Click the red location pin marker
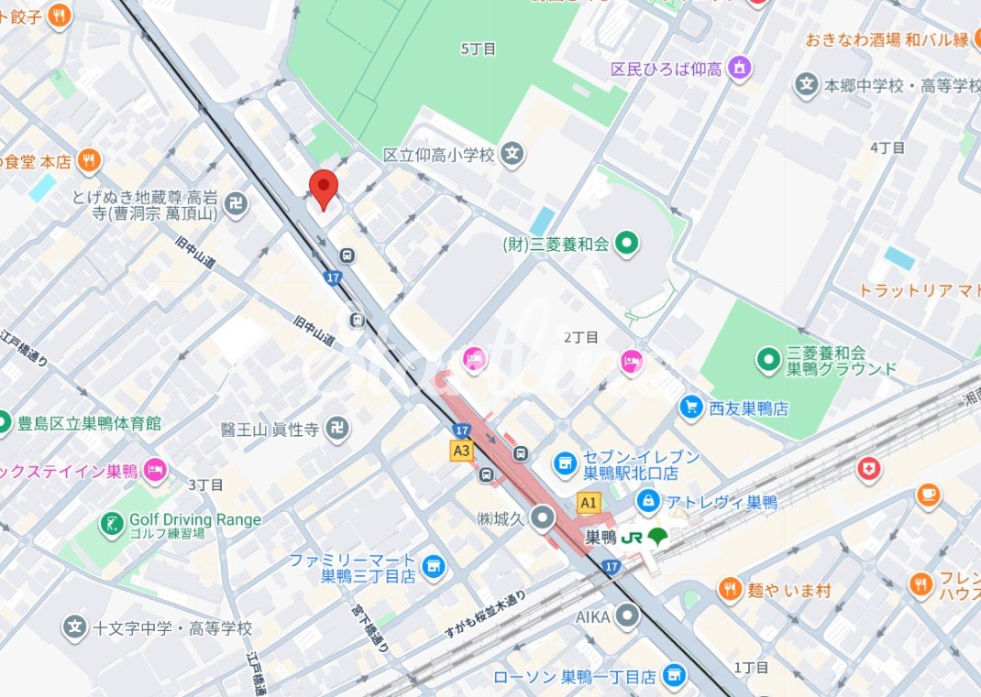click(323, 188)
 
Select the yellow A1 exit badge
click(589, 502)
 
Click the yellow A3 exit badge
click(461, 451)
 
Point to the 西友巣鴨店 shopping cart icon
click(692, 407)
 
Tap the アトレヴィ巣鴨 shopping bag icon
click(649, 501)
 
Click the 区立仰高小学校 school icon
click(513, 155)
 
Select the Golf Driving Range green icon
click(112, 524)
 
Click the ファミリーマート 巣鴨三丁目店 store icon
click(433, 566)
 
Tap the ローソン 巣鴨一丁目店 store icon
click(674, 676)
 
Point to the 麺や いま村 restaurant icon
click(730, 589)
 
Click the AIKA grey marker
click(627, 615)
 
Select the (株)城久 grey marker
click(543, 519)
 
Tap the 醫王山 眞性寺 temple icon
click(336, 428)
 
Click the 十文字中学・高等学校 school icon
click(75, 627)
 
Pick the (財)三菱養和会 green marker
click(626, 244)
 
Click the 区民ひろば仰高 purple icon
click(740, 68)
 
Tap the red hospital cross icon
click(868, 469)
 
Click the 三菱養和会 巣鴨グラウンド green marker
click(767, 360)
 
